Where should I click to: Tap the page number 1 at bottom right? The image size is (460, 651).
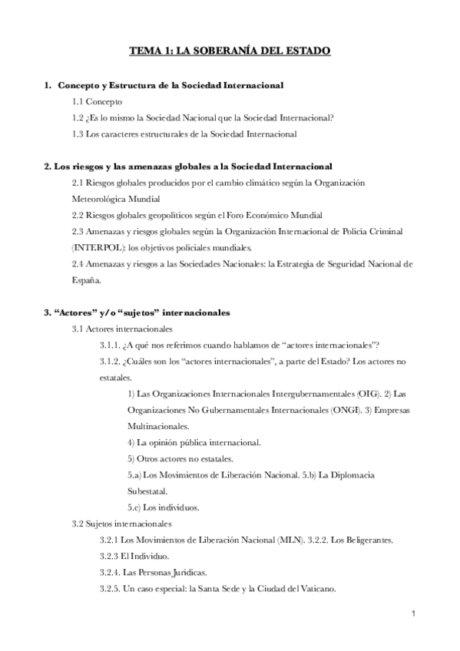412,614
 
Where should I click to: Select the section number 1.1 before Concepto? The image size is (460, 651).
78,101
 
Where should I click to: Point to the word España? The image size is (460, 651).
86,280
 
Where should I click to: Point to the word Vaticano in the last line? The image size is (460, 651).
319,589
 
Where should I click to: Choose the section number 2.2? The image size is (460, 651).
78,215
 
